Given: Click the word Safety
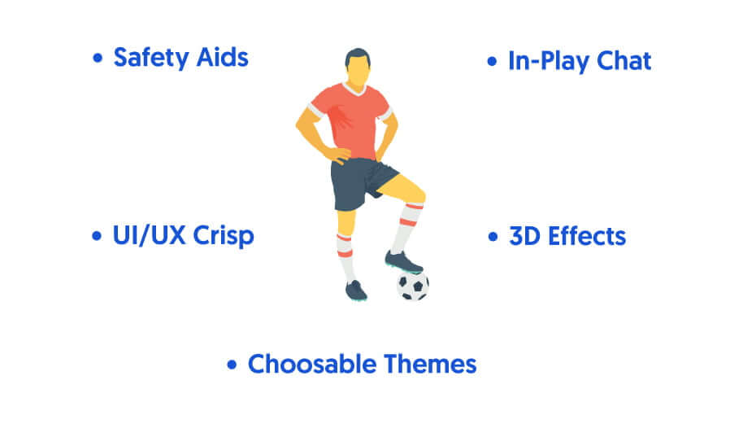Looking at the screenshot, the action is pyautogui.click(x=151, y=59).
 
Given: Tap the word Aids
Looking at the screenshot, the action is pyautogui.click(x=222, y=58).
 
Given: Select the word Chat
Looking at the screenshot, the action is pyautogui.click(x=624, y=61).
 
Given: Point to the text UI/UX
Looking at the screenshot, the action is pyautogui.click(x=149, y=235).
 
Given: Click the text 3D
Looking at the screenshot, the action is pyautogui.click(x=524, y=236).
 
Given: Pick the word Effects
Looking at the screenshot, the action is pyautogui.click(x=587, y=236).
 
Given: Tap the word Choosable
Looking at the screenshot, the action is pyautogui.click(x=312, y=365).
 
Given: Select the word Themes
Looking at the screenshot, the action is pyautogui.click(x=430, y=365).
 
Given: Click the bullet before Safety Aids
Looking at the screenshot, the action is pyautogui.click(x=98, y=58).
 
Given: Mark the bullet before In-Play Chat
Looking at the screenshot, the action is pyautogui.click(x=492, y=61).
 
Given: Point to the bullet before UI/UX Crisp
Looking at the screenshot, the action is pyautogui.click(x=97, y=236).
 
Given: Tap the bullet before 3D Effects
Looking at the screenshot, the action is pyautogui.click(x=493, y=236).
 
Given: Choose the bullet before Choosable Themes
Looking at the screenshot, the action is pyautogui.click(x=232, y=365).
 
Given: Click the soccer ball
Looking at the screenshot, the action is pyautogui.click(x=413, y=286).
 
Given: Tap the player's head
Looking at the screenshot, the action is pyautogui.click(x=358, y=68).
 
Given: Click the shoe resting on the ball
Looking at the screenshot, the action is pyautogui.click(x=403, y=262).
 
